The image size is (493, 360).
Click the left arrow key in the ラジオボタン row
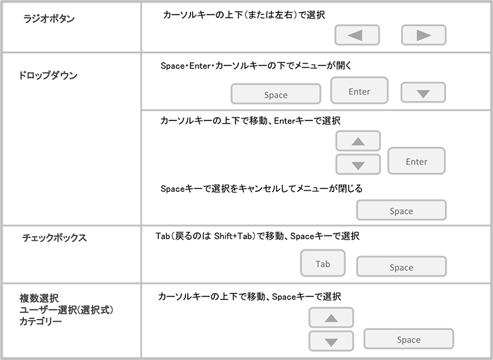click(x=357, y=35)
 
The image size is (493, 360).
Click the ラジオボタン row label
click(x=49, y=20)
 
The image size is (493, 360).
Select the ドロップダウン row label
click(x=48, y=76)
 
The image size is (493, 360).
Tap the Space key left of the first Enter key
click(x=275, y=95)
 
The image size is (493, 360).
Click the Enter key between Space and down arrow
click(x=359, y=91)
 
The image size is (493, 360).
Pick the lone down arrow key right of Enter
click(x=424, y=93)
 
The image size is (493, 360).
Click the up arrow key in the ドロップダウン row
click(x=358, y=142)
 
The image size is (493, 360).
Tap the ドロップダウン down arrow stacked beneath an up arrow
click(x=358, y=165)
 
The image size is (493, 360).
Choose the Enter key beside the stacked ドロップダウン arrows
click(x=416, y=161)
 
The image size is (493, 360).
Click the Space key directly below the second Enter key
click(x=401, y=210)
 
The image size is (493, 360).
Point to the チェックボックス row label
click(x=54, y=238)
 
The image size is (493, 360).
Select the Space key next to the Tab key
click(x=401, y=267)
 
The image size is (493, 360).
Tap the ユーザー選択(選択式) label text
click(x=66, y=310)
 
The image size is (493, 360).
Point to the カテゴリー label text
click(x=41, y=322)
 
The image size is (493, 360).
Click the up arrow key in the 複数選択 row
click(x=332, y=318)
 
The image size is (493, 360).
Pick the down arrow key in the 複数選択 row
click(x=332, y=341)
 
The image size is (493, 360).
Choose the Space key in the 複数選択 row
click(x=408, y=339)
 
